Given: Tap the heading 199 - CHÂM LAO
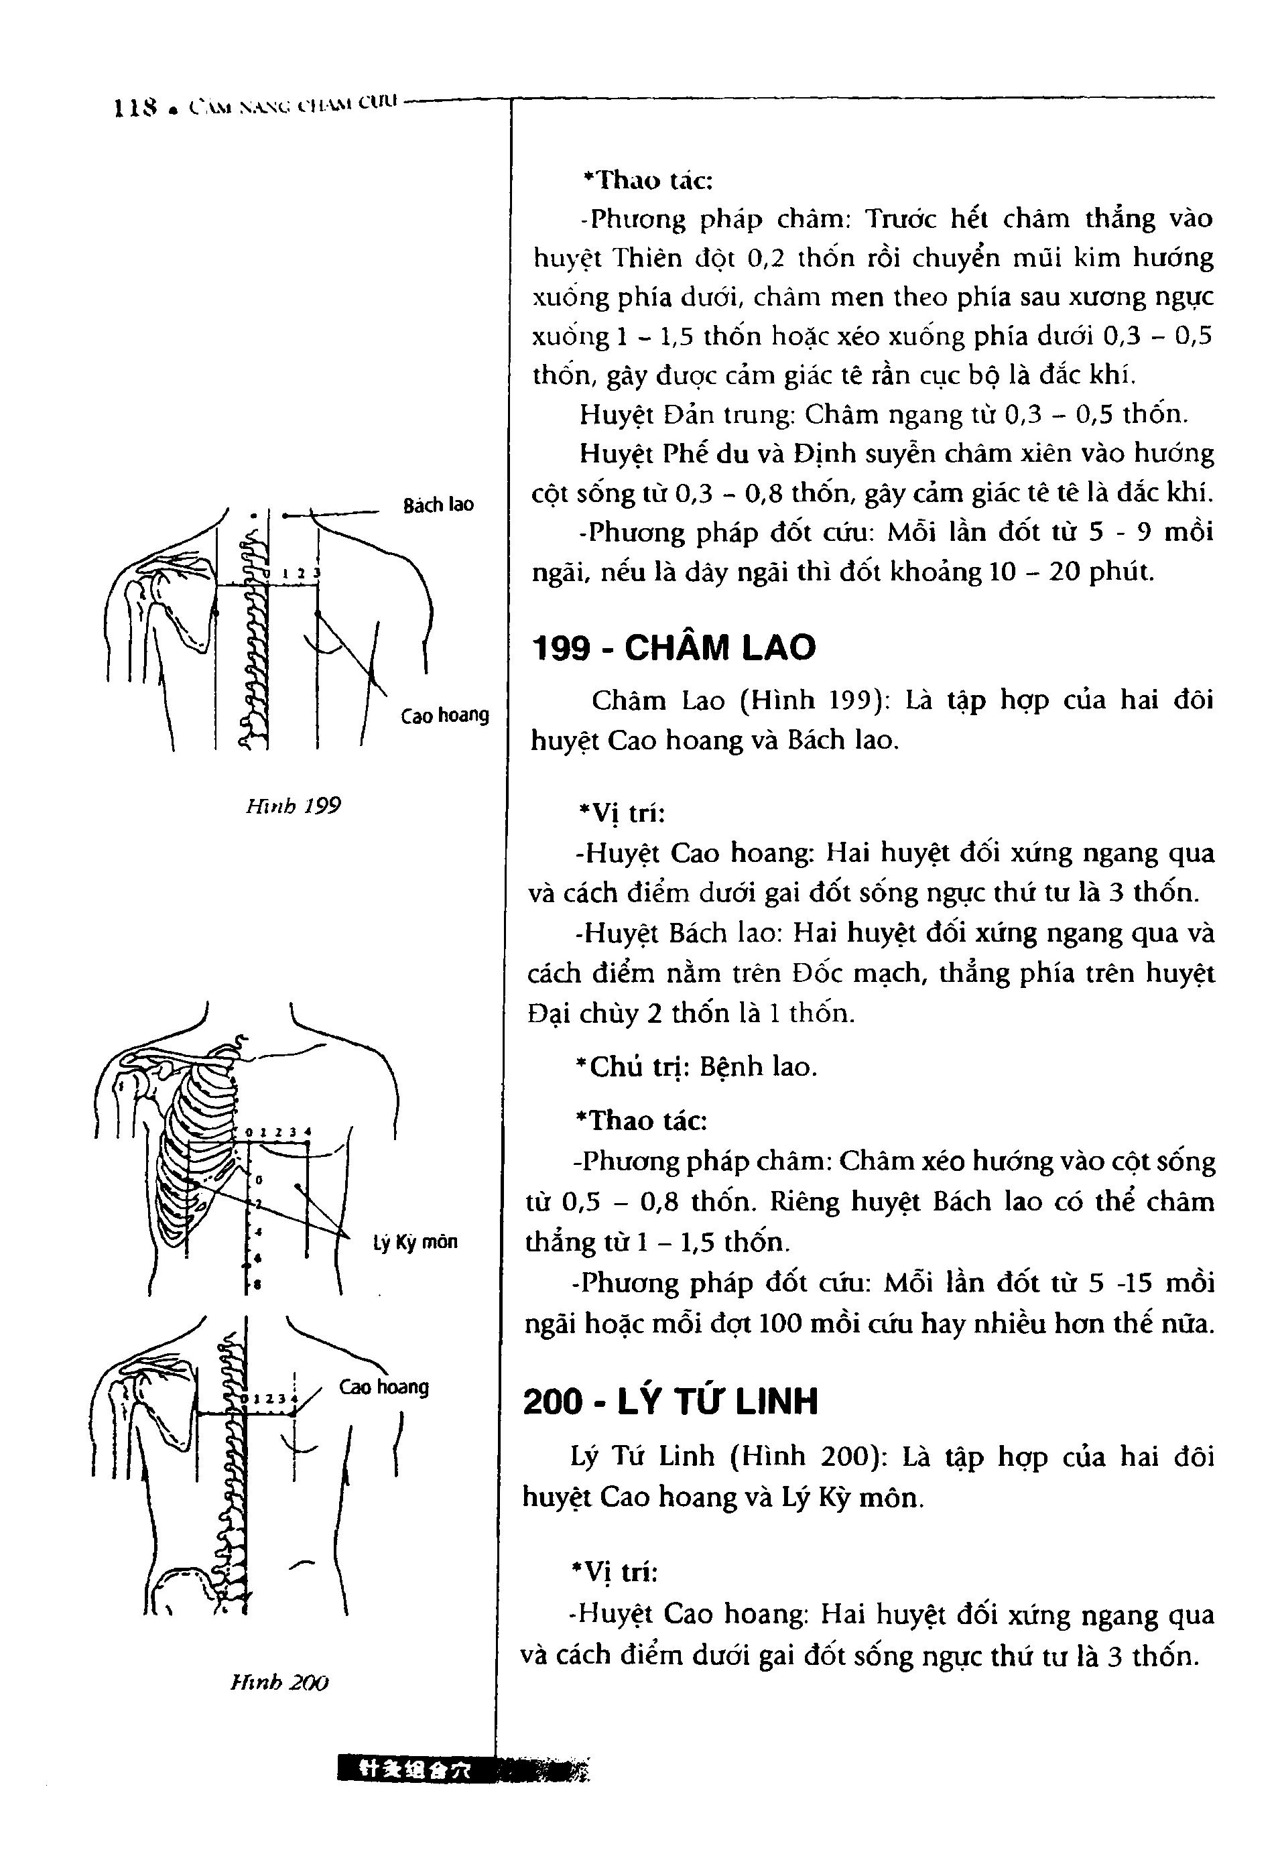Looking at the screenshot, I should click(674, 648).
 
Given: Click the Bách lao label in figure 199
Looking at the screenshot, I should click(438, 505).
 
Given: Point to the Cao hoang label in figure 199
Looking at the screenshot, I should click(445, 714).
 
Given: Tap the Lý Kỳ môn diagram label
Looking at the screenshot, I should click(415, 1242).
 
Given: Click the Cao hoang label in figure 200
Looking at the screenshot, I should click(384, 1387).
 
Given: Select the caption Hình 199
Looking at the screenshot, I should click(293, 806).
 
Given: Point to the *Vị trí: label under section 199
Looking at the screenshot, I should click(621, 814).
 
